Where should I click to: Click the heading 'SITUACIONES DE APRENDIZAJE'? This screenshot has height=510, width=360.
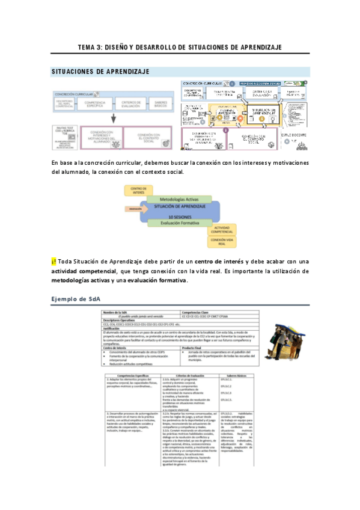pos(100,72)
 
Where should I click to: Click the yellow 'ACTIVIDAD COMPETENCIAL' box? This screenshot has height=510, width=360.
pos(222,231)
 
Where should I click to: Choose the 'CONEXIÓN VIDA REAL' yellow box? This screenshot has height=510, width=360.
pos(222,242)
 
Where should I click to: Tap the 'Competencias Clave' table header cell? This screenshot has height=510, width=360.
pos(195,312)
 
